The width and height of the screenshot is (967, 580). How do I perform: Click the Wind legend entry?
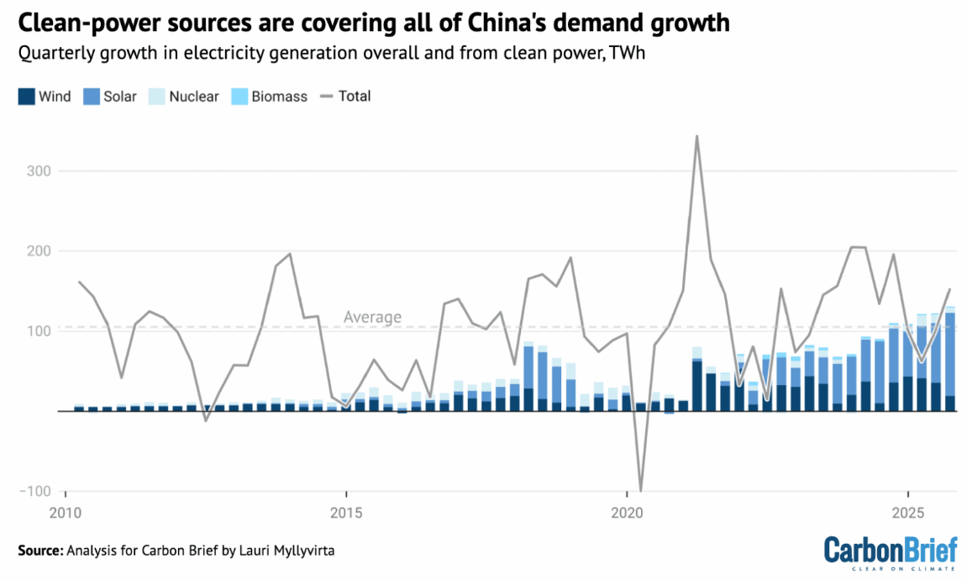(45, 96)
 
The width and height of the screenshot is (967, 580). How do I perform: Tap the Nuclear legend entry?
(184, 96)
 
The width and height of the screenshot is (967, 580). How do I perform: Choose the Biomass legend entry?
(270, 96)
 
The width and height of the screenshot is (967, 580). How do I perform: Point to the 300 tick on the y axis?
(41, 171)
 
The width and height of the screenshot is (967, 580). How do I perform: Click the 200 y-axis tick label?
(41, 250)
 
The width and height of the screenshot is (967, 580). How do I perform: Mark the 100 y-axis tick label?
(41, 330)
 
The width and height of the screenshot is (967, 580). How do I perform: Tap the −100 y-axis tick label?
(38, 491)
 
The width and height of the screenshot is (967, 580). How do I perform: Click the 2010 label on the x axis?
(64, 513)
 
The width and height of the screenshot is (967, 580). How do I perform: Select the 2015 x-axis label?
(345, 513)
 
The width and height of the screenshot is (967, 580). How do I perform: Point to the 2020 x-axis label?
(627, 513)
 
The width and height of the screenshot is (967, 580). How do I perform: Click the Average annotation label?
(372, 317)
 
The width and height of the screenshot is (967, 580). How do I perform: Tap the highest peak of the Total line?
(696, 136)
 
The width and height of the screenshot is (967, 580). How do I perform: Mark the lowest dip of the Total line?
(641, 490)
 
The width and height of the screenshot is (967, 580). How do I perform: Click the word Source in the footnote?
(39, 551)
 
